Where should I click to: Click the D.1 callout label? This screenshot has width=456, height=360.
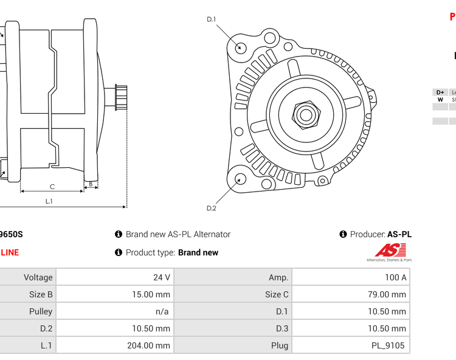coord(212,19)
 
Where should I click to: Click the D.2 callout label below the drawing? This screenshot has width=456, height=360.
coord(212,208)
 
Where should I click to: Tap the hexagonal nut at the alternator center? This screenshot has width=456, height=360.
coord(305,114)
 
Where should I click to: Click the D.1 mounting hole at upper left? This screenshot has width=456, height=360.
coord(241,47)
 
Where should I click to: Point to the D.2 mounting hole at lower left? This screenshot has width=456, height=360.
coord(241,179)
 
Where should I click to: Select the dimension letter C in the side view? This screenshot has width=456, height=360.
coord(52,186)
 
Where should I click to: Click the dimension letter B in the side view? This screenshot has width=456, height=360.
coord(91,184)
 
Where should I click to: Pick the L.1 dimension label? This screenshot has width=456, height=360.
coord(49,201)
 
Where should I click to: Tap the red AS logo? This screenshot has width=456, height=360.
coord(389,250)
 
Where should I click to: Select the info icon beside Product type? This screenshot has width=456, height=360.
coord(119,252)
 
